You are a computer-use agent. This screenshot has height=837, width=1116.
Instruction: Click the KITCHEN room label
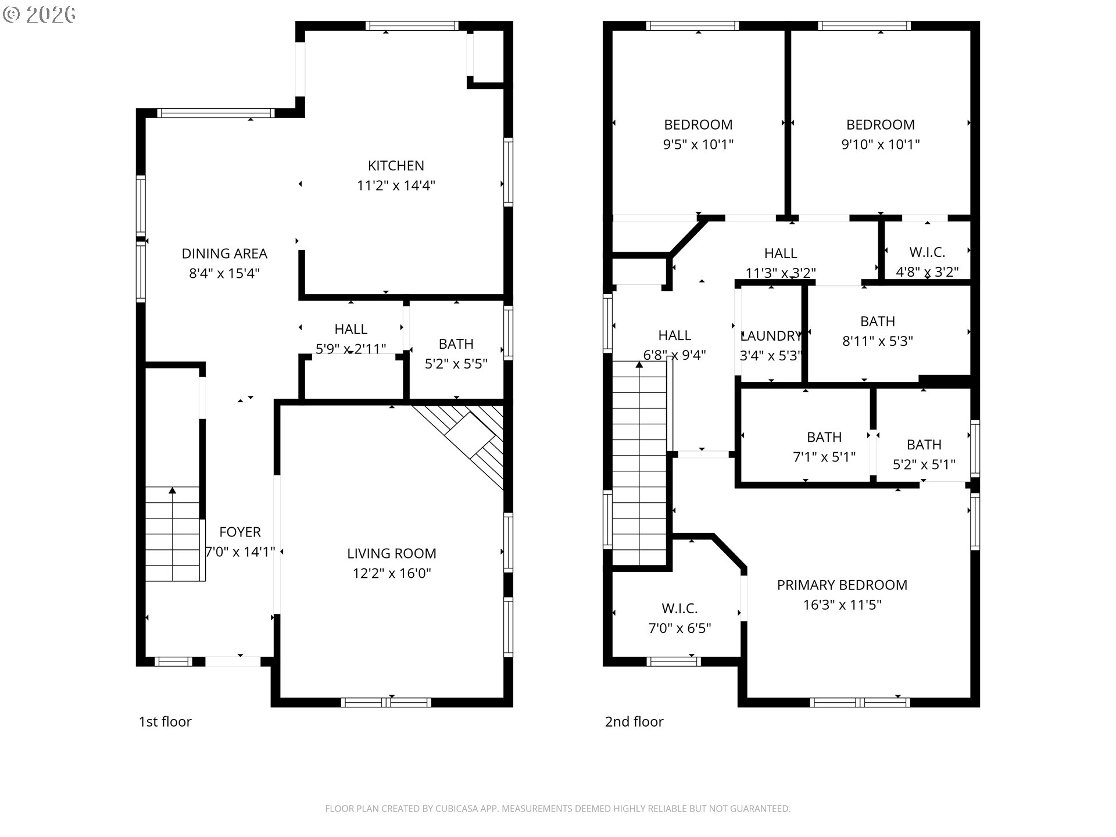click(396, 166)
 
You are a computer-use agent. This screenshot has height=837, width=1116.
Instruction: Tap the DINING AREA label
click(224, 253)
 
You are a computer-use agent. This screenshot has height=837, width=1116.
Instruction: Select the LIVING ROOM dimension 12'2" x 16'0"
click(391, 573)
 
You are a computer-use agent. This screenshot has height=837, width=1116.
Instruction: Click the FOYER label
click(239, 532)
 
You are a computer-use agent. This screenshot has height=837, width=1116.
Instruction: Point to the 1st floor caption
click(164, 721)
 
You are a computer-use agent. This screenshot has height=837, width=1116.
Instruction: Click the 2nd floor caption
click(634, 721)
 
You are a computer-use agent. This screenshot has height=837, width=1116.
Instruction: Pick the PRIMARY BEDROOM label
click(842, 585)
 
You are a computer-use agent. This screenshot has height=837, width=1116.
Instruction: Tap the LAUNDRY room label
click(771, 336)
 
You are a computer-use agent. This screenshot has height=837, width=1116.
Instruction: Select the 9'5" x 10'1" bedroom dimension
click(698, 144)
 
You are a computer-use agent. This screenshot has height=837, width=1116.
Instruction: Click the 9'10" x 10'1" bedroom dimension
click(880, 144)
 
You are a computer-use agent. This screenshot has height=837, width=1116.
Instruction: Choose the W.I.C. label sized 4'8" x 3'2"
click(927, 252)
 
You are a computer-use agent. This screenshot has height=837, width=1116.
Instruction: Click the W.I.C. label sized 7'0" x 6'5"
click(679, 609)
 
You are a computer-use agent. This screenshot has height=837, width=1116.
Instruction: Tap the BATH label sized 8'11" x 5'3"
click(877, 321)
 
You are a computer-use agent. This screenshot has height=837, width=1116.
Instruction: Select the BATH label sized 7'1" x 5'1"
click(824, 437)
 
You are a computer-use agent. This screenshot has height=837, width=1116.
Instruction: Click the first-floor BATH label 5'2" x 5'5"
click(456, 344)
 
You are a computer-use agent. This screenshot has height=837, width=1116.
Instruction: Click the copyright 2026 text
click(40, 14)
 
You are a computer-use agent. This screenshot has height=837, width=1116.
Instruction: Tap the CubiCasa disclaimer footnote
click(557, 809)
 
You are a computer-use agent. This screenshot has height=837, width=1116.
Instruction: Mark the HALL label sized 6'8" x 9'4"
click(674, 335)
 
